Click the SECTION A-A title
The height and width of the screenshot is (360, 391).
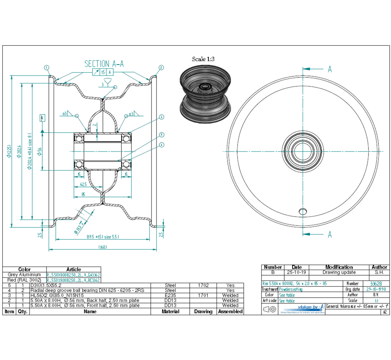point(104,64)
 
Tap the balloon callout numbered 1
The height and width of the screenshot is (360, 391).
point(46,68)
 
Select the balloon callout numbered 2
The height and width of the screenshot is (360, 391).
point(161,68)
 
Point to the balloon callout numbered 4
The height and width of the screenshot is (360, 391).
point(161,145)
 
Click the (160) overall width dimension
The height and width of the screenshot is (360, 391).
point(103,247)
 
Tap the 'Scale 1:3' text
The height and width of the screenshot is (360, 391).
point(203,59)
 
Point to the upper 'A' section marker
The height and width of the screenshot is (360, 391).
point(329,69)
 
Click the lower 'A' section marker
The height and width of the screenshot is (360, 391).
point(329,234)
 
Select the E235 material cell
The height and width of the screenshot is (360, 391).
point(170,295)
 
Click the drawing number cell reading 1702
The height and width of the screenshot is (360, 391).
point(203,285)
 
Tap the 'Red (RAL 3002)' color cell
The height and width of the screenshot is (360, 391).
point(24,280)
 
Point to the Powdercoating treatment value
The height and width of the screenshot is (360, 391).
point(291,289)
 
